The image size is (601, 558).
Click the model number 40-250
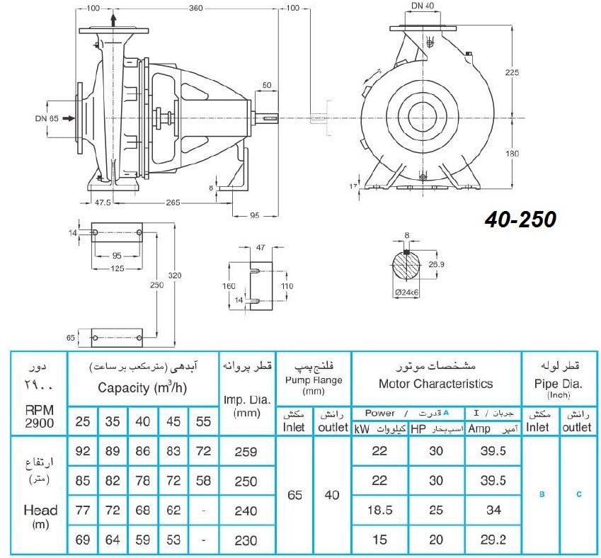point(520,220)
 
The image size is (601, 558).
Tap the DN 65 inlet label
point(47,118)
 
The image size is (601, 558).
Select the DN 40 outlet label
point(423,6)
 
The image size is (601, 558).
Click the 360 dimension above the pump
point(195,8)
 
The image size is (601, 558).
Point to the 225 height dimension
point(512,72)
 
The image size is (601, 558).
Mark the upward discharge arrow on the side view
point(113,20)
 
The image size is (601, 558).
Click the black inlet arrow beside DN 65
point(69,118)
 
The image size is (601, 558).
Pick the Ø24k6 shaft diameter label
point(406,292)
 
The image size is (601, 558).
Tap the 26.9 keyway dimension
point(436,264)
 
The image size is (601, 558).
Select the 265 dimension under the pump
point(173,202)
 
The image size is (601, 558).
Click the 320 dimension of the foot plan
point(174,275)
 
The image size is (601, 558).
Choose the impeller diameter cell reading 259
point(246,451)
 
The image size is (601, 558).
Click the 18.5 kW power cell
point(380,510)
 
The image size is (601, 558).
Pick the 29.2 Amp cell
point(493,540)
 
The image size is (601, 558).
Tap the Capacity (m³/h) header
point(142,387)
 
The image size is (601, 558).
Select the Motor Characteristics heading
point(436,384)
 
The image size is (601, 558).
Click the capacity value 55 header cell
point(203,421)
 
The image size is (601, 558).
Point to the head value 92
point(82,451)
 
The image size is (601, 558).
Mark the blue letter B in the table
point(542,494)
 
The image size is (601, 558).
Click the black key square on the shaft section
point(406,252)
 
